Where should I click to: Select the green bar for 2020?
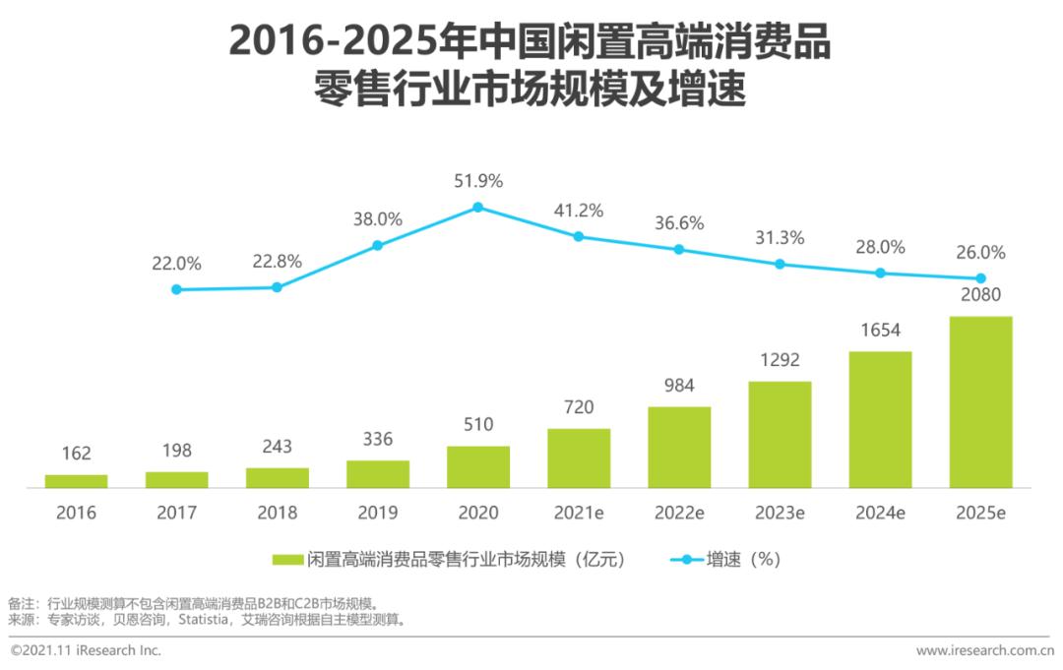coord(478,466)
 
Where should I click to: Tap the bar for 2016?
coord(76,481)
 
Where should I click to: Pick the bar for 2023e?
coord(780,434)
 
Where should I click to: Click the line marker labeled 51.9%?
coord(478,208)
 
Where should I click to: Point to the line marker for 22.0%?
coord(176,289)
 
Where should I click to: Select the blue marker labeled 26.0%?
coord(980,278)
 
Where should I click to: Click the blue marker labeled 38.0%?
coord(377,245)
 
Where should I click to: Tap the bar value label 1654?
coord(880,331)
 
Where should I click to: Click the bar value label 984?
coord(679,386)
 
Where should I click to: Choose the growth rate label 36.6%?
coord(679,223)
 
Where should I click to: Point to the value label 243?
coord(277,447)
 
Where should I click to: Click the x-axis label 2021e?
coord(579,513)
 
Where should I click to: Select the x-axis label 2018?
coord(277,513)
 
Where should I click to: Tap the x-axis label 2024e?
coord(880,513)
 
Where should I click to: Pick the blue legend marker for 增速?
coord(685,560)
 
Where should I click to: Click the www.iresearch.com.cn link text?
coord(984,650)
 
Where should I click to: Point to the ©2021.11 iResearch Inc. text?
coord(86,650)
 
